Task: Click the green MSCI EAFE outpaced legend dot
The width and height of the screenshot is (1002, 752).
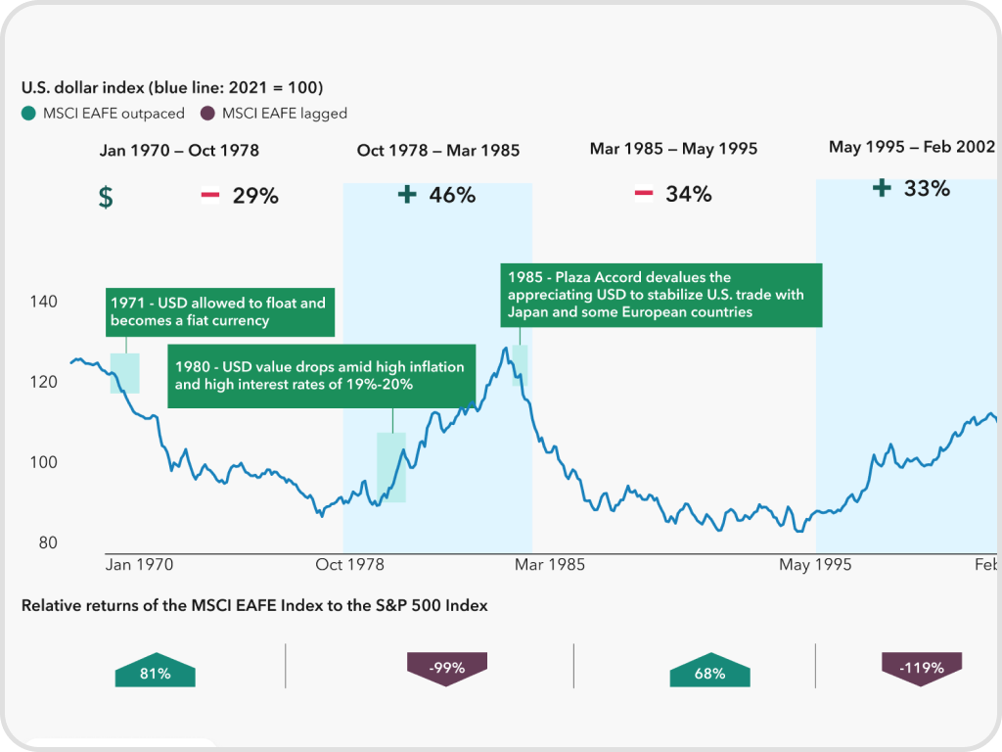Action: tap(28, 114)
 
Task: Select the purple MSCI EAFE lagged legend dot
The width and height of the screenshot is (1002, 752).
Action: tap(207, 114)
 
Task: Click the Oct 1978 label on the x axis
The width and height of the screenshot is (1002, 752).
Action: tap(336, 565)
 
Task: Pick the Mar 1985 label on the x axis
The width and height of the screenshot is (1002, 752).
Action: tap(550, 565)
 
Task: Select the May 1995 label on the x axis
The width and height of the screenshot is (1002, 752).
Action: tap(815, 565)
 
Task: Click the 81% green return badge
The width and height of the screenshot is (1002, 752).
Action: tap(155, 673)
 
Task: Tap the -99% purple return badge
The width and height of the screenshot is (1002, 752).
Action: tap(446, 669)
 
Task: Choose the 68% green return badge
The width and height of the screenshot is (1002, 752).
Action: tap(709, 673)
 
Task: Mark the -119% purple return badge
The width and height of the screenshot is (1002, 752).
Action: tap(921, 669)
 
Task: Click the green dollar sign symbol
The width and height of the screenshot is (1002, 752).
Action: tap(106, 197)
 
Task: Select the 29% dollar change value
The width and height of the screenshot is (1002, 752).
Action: tap(255, 196)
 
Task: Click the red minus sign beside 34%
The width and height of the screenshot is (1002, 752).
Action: tap(643, 194)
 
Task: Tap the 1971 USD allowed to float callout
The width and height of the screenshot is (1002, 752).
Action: tap(218, 311)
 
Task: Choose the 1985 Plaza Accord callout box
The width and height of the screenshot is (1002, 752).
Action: tap(660, 294)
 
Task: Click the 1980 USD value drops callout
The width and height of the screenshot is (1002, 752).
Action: tap(322, 376)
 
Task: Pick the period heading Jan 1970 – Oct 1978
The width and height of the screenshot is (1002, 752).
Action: tap(179, 150)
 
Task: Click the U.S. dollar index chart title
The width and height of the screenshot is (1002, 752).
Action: tap(172, 88)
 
